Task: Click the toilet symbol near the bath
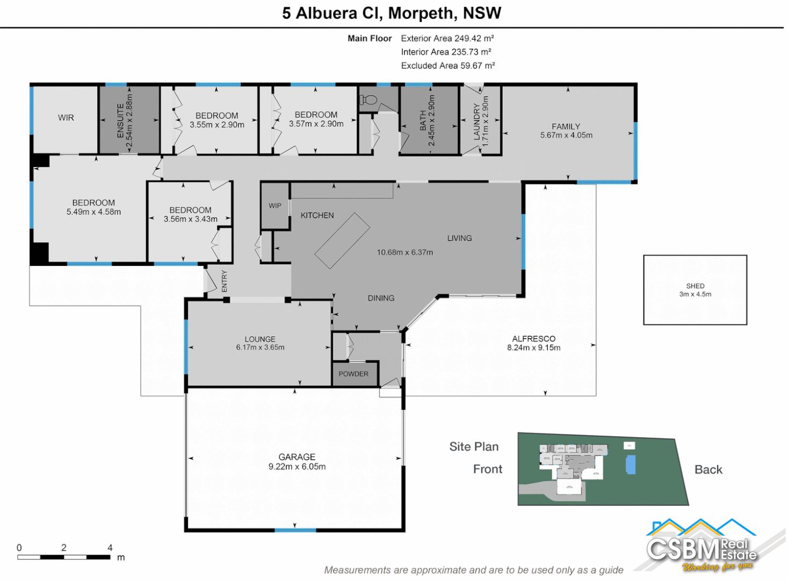[x=368, y=100]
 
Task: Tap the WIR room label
[x=66, y=118]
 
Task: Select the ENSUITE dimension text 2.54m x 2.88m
[x=129, y=121]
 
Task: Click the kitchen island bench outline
[x=342, y=241]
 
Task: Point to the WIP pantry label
[x=275, y=206]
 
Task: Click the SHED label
[x=695, y=286]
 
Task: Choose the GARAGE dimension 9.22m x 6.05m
[x=297, y=467]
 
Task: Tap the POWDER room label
[x=353, y=374]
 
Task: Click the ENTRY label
[x=225, y=281]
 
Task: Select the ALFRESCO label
[x=533, y=339]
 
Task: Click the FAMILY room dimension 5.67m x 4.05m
[x=566, y=135]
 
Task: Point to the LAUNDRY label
[x=476, y=122]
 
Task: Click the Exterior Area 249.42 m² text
[x=447, y=38]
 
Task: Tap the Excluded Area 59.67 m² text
[x=447, y=66]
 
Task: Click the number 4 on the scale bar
[x=110, y=548]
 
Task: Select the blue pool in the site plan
[x=631, y=465]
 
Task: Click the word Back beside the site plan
[x=708, y=469]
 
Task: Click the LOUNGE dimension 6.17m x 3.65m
[x=260, y=347]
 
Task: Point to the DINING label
[x=381, y=298]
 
